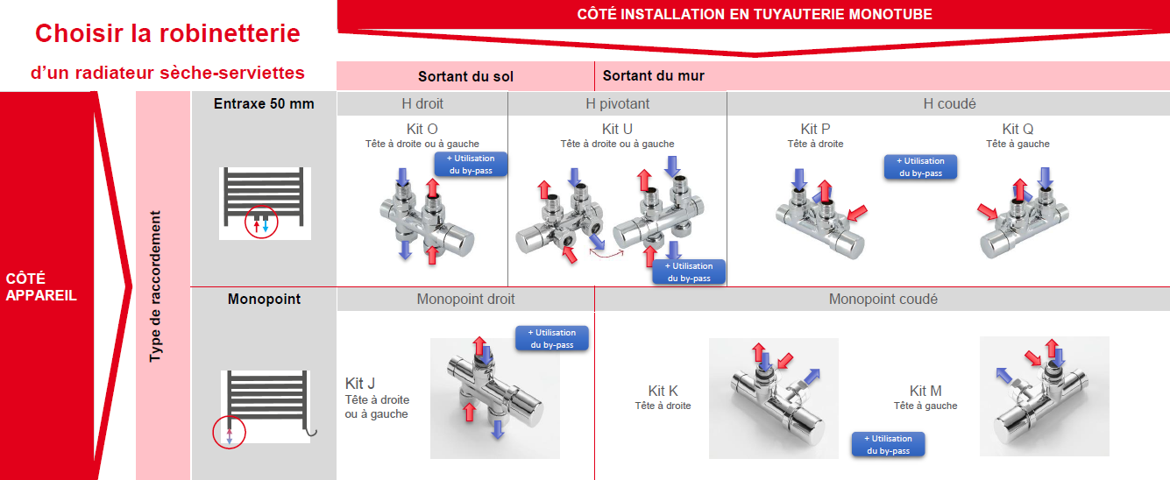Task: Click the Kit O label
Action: point(422,129)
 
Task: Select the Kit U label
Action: point(617,129)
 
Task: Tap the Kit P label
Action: point(815,129)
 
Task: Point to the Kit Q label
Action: point(1018,129)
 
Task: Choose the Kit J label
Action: point(360,384)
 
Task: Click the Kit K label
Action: point(663,391)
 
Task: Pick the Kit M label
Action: point(925,391)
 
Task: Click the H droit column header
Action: point(422,103)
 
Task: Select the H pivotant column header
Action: point(617,103)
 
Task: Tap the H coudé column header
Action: point(949,103)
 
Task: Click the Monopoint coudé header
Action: point(883,299)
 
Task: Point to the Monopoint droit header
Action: point(465,299)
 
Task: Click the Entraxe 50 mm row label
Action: point(264,103)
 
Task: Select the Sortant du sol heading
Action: point(465,76)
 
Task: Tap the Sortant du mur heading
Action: point(654,75)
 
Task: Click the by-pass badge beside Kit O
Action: point(471,164)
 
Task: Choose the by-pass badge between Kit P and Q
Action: point(920,166)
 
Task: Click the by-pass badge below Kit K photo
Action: point(888,444)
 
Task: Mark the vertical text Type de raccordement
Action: point(155,286)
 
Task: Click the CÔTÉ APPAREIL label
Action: point(40,286)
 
